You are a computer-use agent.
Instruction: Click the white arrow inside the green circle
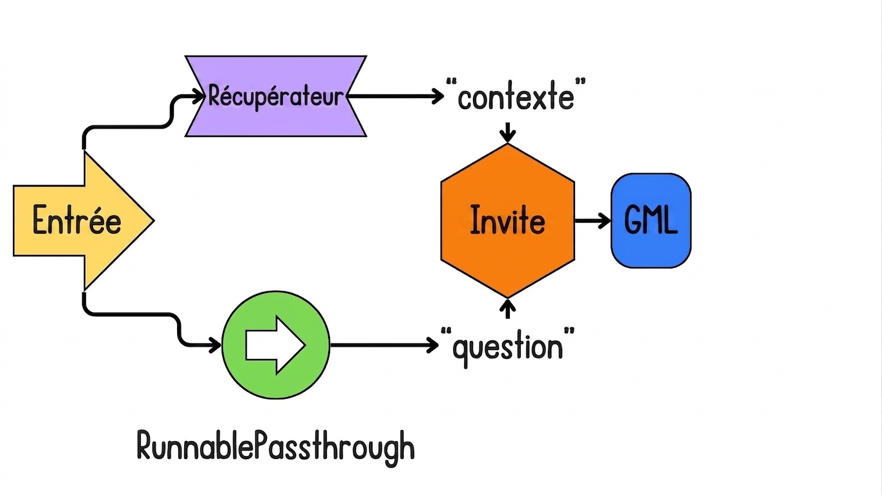[276, 346]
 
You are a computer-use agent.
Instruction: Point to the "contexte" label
[516, 96]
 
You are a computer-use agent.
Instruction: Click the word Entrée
[77, 220]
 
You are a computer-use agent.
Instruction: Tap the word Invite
[507, 220]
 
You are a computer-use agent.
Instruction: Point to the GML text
[651, 220]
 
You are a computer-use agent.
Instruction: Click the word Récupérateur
[276, 96]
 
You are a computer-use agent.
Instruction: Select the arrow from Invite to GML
[593, 221]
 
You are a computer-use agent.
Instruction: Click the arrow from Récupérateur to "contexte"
[395, 96]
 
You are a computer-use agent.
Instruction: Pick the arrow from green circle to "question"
[384, 346]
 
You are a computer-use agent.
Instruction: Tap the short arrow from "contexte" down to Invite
[507, 132]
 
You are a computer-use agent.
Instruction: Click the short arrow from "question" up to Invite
[507, 309]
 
